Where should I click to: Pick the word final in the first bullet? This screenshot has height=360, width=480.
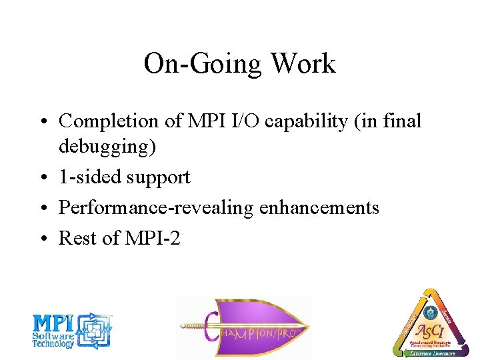click(x=403, y=121)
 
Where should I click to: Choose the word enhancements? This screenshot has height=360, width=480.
click(x=319, y=208)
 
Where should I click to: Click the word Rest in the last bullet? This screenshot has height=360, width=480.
click(x=75, y=238)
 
